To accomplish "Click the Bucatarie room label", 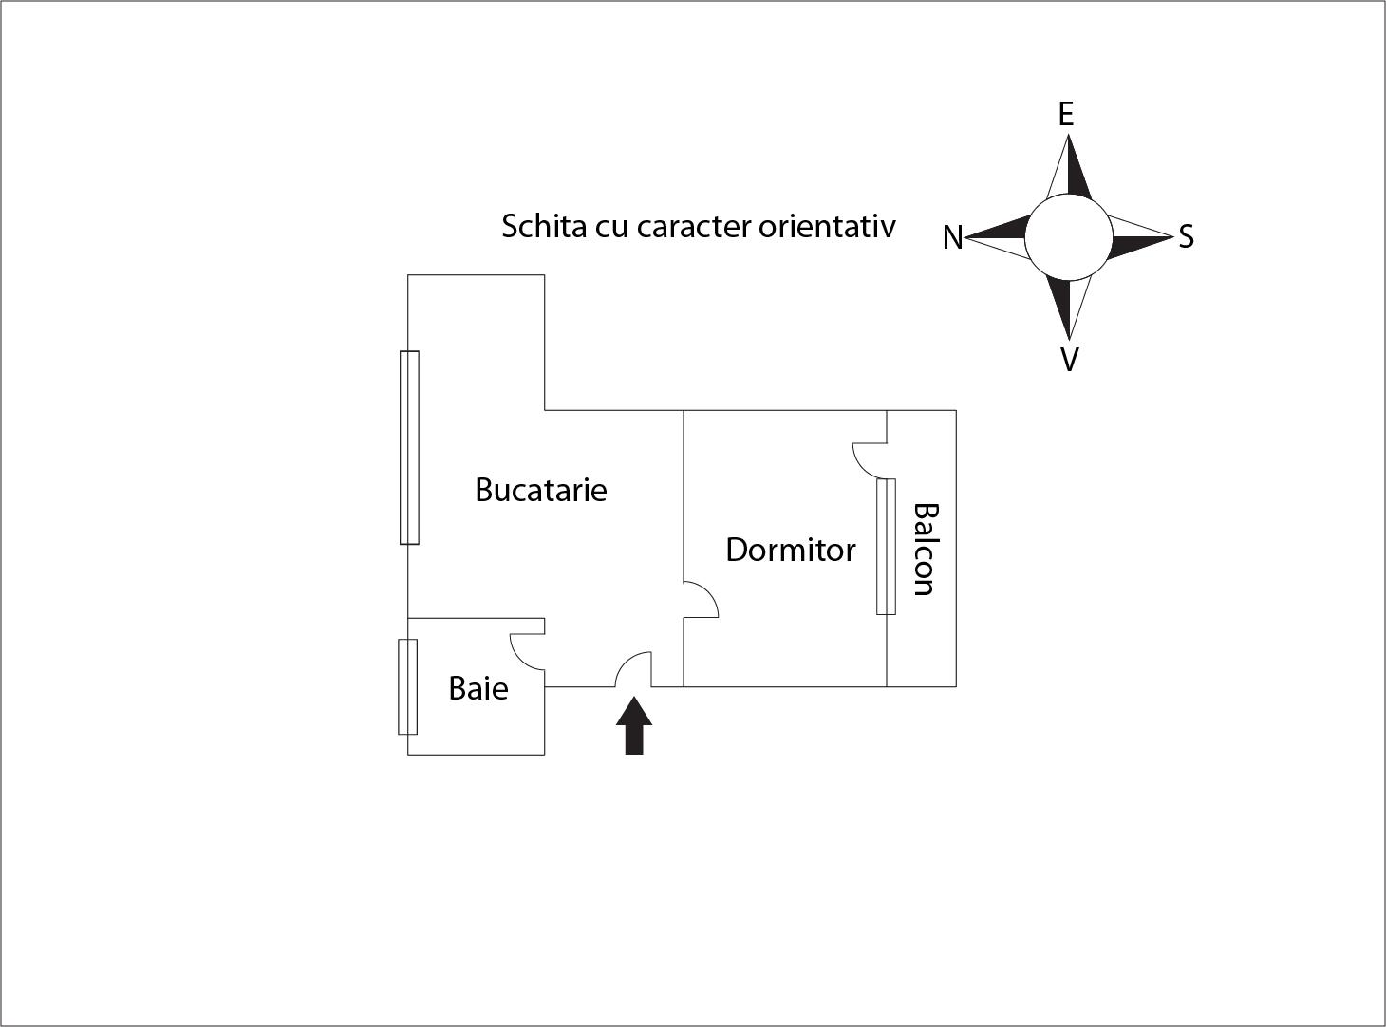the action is coord(540,490).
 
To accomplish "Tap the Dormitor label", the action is coord(791,551).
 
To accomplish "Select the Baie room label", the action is coord(478,688).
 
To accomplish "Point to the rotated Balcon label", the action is coord(924,550).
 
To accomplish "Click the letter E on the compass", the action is coord(1066,115).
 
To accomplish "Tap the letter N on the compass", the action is coord(952,238).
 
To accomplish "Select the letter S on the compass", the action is coord(1186,237).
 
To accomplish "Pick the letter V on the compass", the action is coord(1070,360).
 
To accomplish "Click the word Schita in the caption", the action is coord(544,226).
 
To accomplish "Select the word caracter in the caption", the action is coord(694,227).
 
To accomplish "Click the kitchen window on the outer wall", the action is coord(409,448).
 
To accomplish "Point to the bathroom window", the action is coord(407,687).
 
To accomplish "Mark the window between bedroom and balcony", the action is coord(886,547).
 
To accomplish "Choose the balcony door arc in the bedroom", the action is coord(863,465).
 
